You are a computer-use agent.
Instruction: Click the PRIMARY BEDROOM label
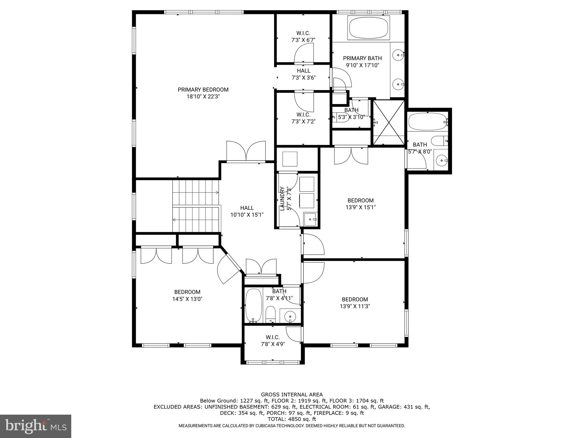point(203,90)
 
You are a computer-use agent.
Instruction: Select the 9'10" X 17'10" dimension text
point(362,65)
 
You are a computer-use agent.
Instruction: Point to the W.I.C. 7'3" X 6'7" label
point(303,37)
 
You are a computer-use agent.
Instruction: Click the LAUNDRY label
point(282,198)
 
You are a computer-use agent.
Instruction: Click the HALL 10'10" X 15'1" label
point(247,211)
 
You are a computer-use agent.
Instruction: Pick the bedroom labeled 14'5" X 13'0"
point(187,295)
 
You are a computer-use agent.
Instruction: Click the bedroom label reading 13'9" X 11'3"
point(355,303)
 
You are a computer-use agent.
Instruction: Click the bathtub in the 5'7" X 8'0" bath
point(427,122)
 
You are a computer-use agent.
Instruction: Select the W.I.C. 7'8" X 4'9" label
point(273,341)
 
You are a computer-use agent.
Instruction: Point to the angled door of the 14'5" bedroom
point(229,269)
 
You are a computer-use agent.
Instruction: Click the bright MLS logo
point(36,426)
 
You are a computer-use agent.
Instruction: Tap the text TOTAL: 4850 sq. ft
point(292,419)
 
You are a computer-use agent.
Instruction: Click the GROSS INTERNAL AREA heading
point(292,395)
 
